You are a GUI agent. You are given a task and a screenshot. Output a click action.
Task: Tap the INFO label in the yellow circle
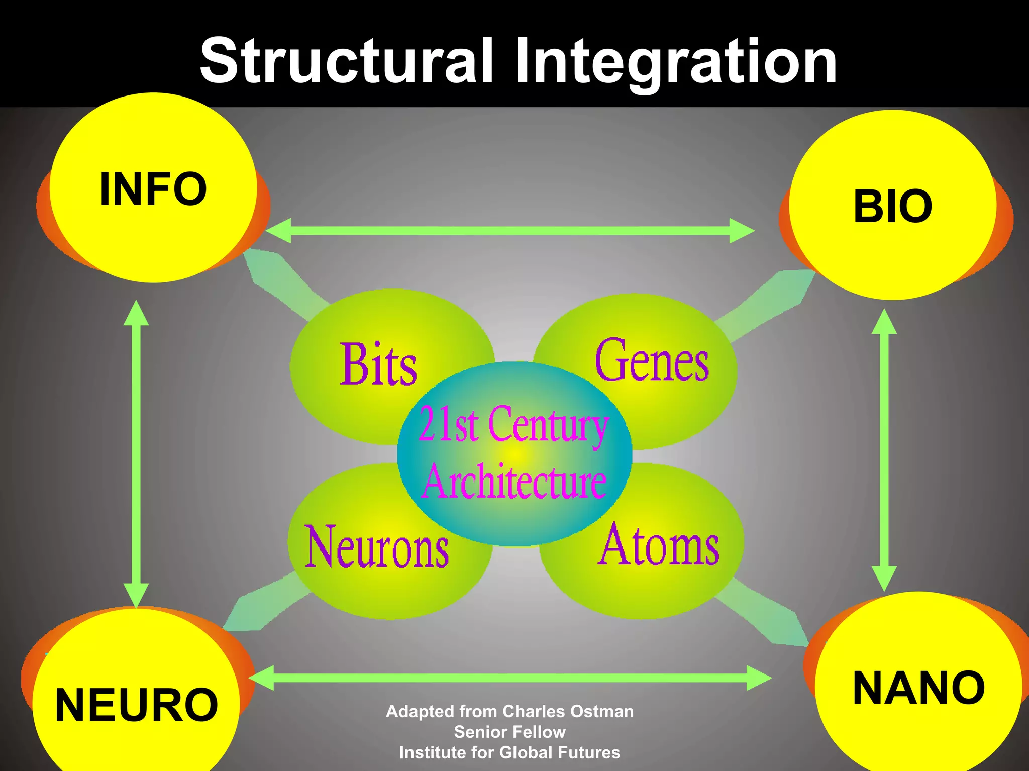(x=153, y=189)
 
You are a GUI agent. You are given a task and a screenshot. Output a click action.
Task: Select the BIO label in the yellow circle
(x=893, y=206)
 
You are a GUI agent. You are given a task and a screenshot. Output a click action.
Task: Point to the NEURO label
(x=136, y=705)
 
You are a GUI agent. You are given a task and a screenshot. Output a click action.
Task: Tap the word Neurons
(x=377, y=547)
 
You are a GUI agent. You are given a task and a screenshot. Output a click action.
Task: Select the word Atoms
(x=659, y=545)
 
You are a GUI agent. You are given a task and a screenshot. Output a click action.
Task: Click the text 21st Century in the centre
(x=513, y=425)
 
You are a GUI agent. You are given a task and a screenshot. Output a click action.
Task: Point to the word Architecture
(x=514, y=481)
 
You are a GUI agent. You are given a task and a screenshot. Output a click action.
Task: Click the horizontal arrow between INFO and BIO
(x=509, y=231)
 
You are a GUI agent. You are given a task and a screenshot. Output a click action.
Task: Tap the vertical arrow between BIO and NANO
(x=884, y=450)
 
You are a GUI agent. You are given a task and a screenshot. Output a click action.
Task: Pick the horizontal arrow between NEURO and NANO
(x=510, y=678)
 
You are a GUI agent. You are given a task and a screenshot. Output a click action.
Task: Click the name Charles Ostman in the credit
(x=568, y=711)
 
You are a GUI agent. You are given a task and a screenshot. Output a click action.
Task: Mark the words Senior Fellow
(x=509, y=732)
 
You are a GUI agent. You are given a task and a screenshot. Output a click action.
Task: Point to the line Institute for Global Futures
(x=509, y=752)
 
